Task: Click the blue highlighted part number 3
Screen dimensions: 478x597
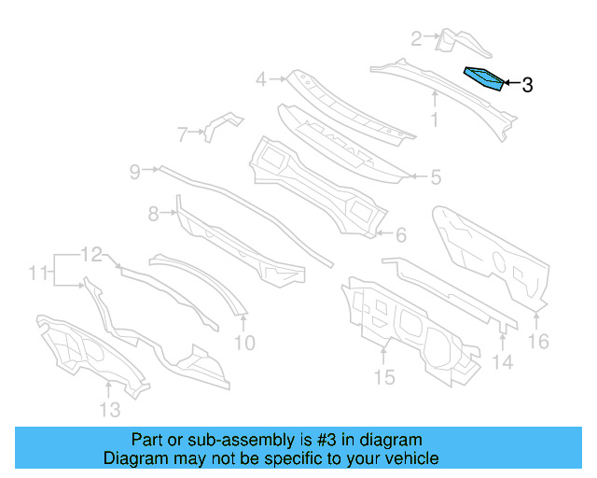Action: pyautogui.click(x=483, y=78)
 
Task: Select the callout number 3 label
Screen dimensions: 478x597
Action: pyautogui.click(x=527, y=85)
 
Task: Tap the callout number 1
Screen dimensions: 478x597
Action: pyautogui.click(x=434, y=119)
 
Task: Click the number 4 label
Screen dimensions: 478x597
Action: pyautogui.click(x=262, y=79)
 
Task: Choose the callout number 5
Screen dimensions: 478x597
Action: pyautogui.click(x=435, y=176)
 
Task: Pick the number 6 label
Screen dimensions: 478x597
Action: pyautogui.click(x=401, y=234)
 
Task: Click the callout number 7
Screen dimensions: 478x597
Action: pyautogui.click(x=183, y=134)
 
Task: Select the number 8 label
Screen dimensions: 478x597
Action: pyautogui.click(x=154, y=214)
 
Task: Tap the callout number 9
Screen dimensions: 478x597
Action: pyautogui.click(x=135, y=171)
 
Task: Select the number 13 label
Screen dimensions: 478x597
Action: pyautogui.click(x=109, y=410)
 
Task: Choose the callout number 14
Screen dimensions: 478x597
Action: pyautogui.click(x=502, y=362)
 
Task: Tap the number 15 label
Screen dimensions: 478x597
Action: pyautogui.click(x=384, y=376)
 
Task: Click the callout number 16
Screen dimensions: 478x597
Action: pyautogui.click(x=539, y=341)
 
